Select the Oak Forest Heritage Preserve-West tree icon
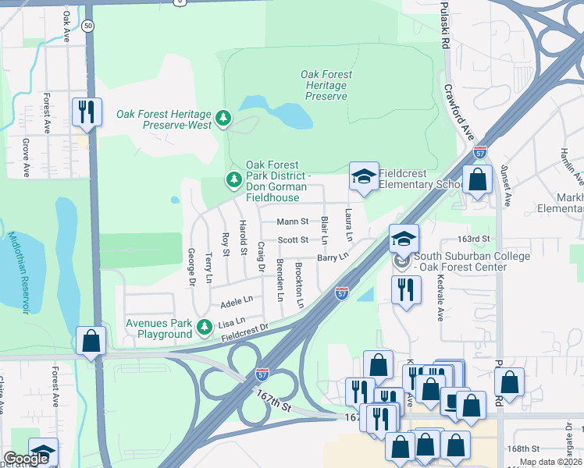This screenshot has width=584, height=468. click(x=224, y=118)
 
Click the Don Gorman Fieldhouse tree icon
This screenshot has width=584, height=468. click(x=233, y=180)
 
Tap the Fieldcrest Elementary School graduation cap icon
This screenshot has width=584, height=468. click(x=364, y=176)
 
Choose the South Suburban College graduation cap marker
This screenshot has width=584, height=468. click(x=404, y=238)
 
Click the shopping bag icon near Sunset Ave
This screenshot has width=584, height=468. click(x=477, y=179)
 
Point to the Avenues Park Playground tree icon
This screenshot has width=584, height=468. click(x=204, y=326)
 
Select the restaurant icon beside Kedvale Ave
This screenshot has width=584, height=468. click(x=405, y=289)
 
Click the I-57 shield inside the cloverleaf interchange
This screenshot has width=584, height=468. click(x=264, y=374)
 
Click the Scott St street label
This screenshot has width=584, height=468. click(x=294, y=240)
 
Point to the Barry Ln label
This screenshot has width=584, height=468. click(x=333, y=257)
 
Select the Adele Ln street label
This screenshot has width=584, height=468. click(x=237, y=300)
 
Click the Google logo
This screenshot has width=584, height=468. click(x=26, y=459)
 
